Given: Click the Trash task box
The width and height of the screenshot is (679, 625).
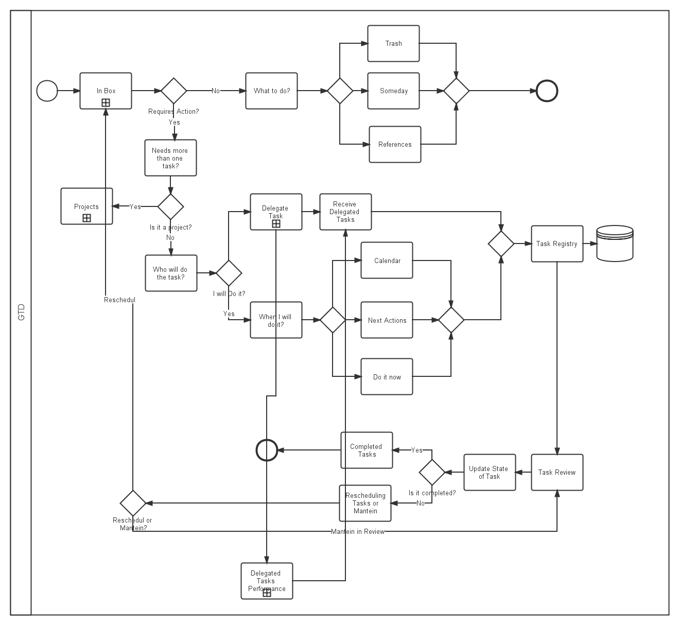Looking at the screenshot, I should point(393,44).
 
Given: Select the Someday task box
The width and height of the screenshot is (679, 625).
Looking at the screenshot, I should point(393,91).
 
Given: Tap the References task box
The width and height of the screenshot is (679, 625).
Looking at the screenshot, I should point(395,145).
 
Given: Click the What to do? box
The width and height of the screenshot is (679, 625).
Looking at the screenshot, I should point(271,91).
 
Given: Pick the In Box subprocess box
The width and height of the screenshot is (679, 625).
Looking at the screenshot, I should point(106,91).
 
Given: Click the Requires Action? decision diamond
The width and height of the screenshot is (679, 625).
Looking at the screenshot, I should point(174,91).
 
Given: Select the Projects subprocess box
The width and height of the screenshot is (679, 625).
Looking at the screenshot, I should point(86,206).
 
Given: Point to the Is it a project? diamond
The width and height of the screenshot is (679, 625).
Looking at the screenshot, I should point(170,206).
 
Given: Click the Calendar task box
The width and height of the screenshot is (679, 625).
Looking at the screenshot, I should point(387,261).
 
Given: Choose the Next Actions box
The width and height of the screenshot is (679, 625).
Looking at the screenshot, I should point(387,320).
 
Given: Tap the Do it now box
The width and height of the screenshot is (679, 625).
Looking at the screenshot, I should point(387,377).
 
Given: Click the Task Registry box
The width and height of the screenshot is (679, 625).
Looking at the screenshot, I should point(557,244).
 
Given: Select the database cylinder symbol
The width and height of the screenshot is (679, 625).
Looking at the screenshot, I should point(615,244).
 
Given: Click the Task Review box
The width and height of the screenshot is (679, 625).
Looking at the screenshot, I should point(557,473).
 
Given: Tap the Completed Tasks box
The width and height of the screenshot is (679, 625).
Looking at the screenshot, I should point(367,450).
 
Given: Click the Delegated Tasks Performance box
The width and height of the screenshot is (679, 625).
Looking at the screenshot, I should point(267,581).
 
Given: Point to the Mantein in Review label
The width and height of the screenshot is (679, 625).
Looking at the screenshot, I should point(357,532).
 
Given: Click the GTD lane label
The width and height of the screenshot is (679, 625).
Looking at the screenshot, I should point(21,312).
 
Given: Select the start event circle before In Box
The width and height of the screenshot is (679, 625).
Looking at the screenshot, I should point(47,91).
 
